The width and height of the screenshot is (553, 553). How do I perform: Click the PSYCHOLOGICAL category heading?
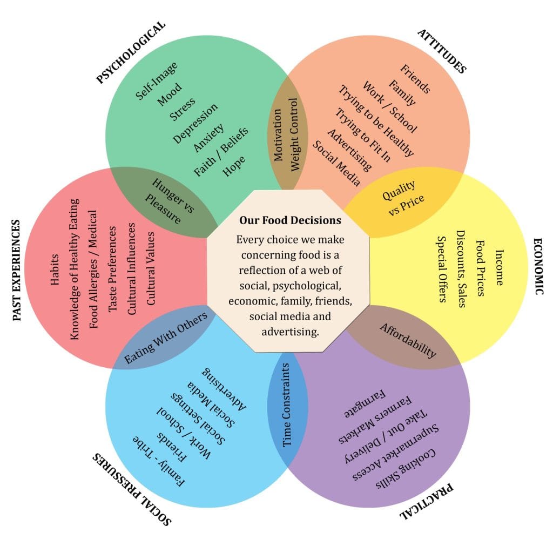(x=131, y=52)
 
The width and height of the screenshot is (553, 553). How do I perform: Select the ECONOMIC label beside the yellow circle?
(x=538, y=266)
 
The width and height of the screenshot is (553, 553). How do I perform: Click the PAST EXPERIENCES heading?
(x=17, y=270)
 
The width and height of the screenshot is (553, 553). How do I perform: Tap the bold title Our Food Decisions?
(x=290, y=220)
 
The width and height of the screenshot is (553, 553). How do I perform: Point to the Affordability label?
(x=408, y=340)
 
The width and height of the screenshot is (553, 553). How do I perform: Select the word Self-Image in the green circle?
(x=157, y=80)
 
